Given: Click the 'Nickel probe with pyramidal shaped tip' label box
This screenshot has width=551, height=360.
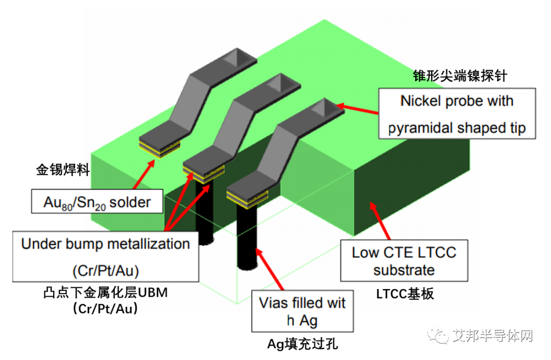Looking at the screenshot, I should point(457,113).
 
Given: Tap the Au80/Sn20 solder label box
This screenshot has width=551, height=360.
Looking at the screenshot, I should point(97,202).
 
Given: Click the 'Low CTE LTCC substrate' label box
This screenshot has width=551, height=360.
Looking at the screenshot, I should point(404,261).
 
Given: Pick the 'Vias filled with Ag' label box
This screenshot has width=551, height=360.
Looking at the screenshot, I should point(303,311).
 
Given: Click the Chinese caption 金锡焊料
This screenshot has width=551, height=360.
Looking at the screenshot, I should point(63,170).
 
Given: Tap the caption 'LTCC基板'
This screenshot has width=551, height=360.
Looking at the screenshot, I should point(405,294).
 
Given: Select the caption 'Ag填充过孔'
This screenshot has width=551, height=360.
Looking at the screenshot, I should point(303,344).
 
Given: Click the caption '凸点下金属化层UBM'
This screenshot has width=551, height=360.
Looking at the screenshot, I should point(106,294).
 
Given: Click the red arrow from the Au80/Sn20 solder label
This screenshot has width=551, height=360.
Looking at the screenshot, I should point(143,176).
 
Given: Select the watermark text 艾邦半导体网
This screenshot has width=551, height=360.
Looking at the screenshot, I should point(492,335).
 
